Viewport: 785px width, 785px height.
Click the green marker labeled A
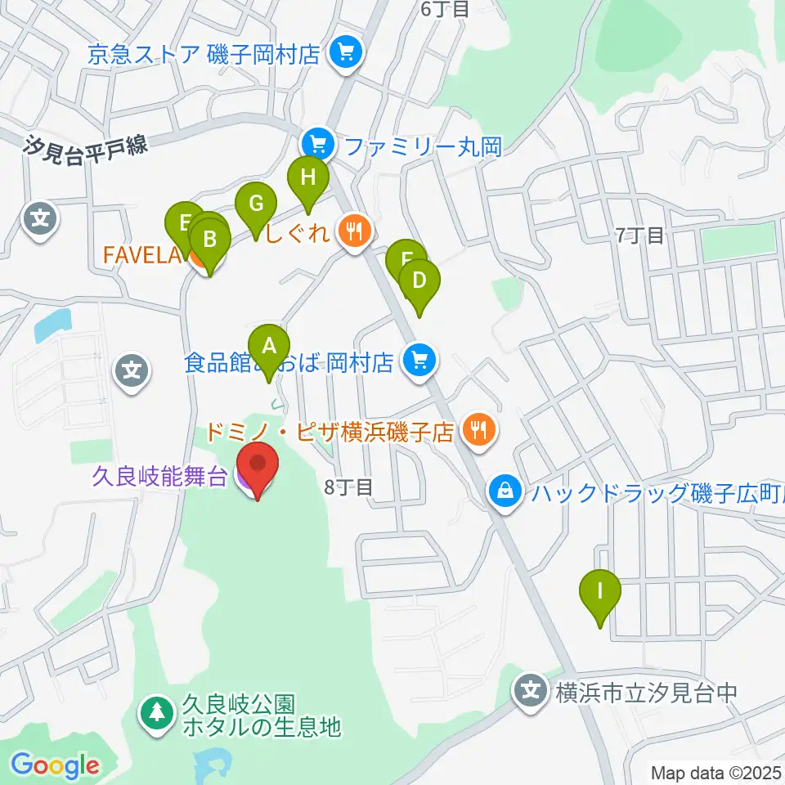[x=269, y=346]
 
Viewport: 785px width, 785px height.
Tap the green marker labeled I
[x=600, y=590]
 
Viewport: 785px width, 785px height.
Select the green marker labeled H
[x=307, y=177]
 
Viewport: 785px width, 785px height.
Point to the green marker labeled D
[x=419, y=281]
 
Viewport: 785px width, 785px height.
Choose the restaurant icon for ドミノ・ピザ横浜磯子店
[x=478, y=429]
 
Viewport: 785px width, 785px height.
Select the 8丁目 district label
[x=348, y=487]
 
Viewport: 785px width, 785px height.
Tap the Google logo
[x=55, y=765]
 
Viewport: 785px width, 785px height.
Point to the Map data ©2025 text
[x=715, y=772]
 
